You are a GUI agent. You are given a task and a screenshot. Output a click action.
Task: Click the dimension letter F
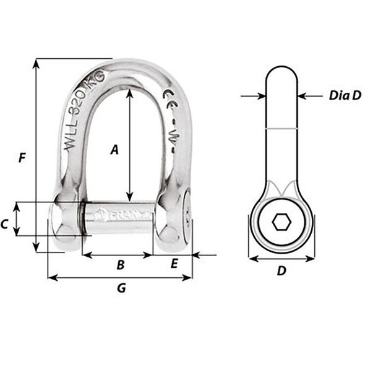[x=22, y=158]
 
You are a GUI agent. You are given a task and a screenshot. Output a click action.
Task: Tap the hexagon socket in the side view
[x=281, y=221]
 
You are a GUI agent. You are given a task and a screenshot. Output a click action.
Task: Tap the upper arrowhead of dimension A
[x=129, y=93]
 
